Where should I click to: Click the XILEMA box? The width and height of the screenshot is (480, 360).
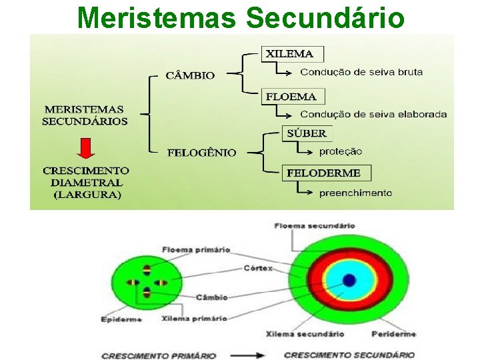pyautogui.click(x=292, y=53)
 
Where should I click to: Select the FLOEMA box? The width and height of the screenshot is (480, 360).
pyautogui.click(x=291, y=97)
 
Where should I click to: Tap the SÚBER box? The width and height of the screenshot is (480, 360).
pyautogui.click(x=307, y=133)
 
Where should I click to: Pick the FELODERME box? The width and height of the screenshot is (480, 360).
pyautogui.click(x=323, y=173)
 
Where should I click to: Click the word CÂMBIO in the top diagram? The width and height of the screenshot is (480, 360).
pyautogui.click(x=190, y=75)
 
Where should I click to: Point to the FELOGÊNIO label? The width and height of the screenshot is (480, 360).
pyautogui.click(x=201, y=153)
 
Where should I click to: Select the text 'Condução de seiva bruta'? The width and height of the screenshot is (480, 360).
pyautogui.click(x=361, y=72)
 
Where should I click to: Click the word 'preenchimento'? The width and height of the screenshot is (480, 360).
pyautogui.click(x=355, y=193)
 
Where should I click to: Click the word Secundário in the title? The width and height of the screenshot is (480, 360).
pyautogui.click(x=325, y=18)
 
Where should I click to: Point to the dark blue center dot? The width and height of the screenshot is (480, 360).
pyautogui.click(x=349, y=281)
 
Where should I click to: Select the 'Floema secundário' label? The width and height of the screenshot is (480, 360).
pyautogui.click(x=314, y=226)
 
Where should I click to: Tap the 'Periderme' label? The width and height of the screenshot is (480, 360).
pyautogui.click(x=393, y=333)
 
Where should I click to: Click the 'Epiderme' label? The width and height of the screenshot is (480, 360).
pyautogui.click(x=121, y=319)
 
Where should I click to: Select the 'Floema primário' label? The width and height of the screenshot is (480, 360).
pyautogui.click(x=195, y=250)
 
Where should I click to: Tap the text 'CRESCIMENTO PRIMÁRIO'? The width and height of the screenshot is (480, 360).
pyautogui.click(x=159, y=355)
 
